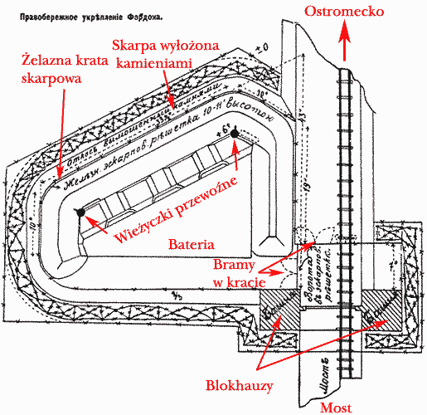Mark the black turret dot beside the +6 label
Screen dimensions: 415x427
(235, 133)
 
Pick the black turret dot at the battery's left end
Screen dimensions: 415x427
(80, 212)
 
